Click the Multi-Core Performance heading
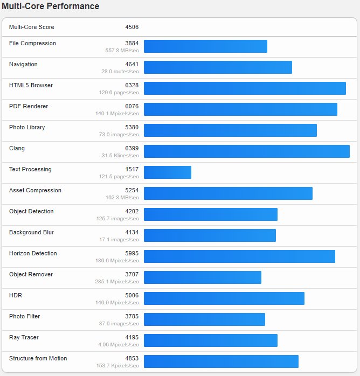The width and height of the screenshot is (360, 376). tap(51, 6)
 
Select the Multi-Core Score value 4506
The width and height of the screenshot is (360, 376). tap(131, 27)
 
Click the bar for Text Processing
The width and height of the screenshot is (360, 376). tap(168, 172)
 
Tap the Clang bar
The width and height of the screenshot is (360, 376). tap(246, 151)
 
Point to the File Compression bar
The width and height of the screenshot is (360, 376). tap(205, 46)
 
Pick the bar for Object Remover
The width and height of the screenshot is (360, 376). tap(203, 277)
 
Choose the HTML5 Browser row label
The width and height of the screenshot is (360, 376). tap(31, 86)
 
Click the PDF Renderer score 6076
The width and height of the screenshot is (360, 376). tap(131, 107)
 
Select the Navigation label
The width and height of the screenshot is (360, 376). tap(23, 65)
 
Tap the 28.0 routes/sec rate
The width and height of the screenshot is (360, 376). tap(120, 72)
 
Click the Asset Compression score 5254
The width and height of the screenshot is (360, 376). tap(131, 191)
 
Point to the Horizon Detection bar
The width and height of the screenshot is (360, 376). tap(239, 256)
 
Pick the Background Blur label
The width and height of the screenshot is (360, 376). tap(31, 233)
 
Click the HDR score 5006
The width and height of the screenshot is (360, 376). tap(131, 296)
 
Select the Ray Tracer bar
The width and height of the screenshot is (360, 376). tap(211, 340)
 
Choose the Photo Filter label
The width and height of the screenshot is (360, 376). tap(24, 317)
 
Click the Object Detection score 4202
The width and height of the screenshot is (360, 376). tap(131, 212)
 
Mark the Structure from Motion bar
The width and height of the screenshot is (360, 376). tap(221, 361)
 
